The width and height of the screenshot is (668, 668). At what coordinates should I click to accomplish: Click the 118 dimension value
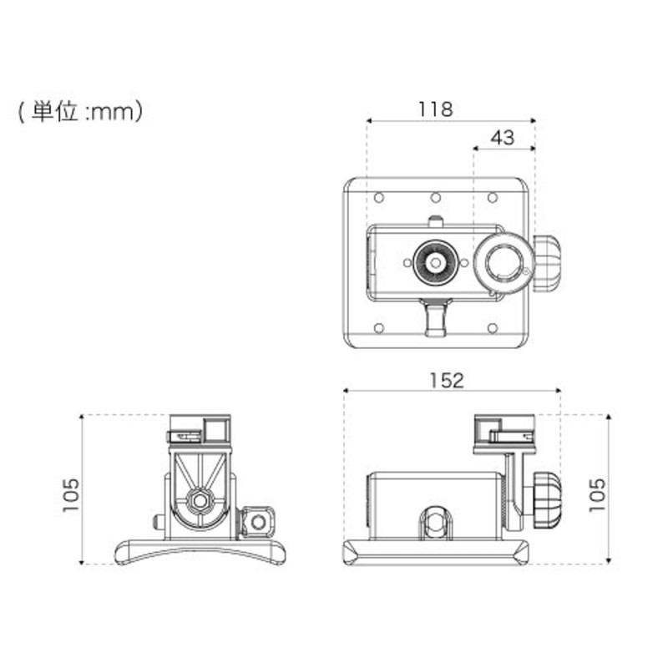(x=435, y=109)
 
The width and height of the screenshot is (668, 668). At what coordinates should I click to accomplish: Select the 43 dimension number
(x=502, y=138)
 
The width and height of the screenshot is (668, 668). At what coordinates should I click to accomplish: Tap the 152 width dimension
(x=448, y=380)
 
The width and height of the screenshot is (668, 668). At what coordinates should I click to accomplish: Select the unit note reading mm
(x=81, y=112)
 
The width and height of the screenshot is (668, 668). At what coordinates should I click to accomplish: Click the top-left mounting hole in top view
(x=378, y=198)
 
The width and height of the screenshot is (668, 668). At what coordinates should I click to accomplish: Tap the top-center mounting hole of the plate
(x=435, y=198)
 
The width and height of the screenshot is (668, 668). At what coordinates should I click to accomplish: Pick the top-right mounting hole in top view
(x=493, y=198)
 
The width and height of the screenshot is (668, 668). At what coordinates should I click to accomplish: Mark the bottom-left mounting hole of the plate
(x=378, y=327)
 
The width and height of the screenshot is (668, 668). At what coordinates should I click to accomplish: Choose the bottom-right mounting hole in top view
(x=493, y=327)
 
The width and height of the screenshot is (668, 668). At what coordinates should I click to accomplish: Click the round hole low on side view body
(x=435, y=524)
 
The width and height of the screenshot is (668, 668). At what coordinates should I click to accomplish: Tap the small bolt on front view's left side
(x=159, y=523)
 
